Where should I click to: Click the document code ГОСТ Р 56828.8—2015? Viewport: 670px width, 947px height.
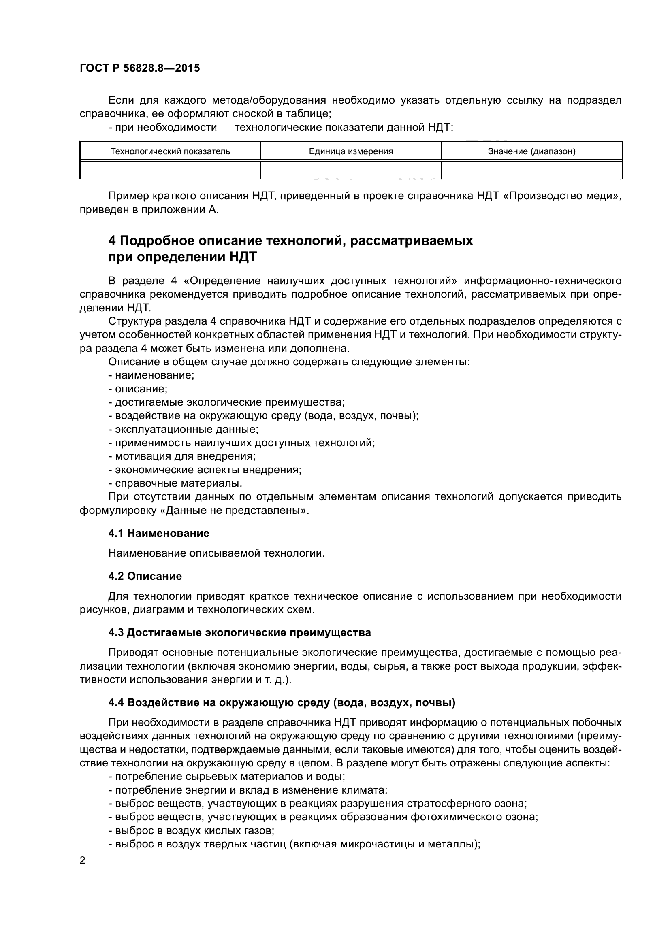(139, 68)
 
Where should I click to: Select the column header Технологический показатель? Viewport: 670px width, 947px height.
(170, 151)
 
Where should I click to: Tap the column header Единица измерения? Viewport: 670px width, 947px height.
(351, 151)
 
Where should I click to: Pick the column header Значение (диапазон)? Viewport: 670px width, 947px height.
(531, 151)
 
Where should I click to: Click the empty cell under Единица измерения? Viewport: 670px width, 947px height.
(351, 170)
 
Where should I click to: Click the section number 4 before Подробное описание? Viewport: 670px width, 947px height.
(112, 240)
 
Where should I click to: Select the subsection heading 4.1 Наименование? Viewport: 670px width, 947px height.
(159, 533)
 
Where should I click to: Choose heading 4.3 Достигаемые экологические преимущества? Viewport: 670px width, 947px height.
(239, 633)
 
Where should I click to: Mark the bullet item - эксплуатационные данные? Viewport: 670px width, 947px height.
(183, 429)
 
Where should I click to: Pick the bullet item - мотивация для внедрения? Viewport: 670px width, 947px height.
(182, 456)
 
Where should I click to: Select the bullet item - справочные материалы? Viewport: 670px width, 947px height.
(175, 483)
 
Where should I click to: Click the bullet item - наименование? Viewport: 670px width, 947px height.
(151, 375)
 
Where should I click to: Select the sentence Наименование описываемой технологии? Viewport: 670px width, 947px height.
(217, 553)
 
